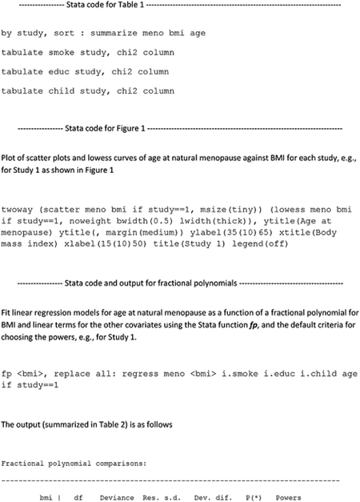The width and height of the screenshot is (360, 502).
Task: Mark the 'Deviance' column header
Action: point(117,497)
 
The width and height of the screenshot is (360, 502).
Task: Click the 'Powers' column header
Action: point(288,497)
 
